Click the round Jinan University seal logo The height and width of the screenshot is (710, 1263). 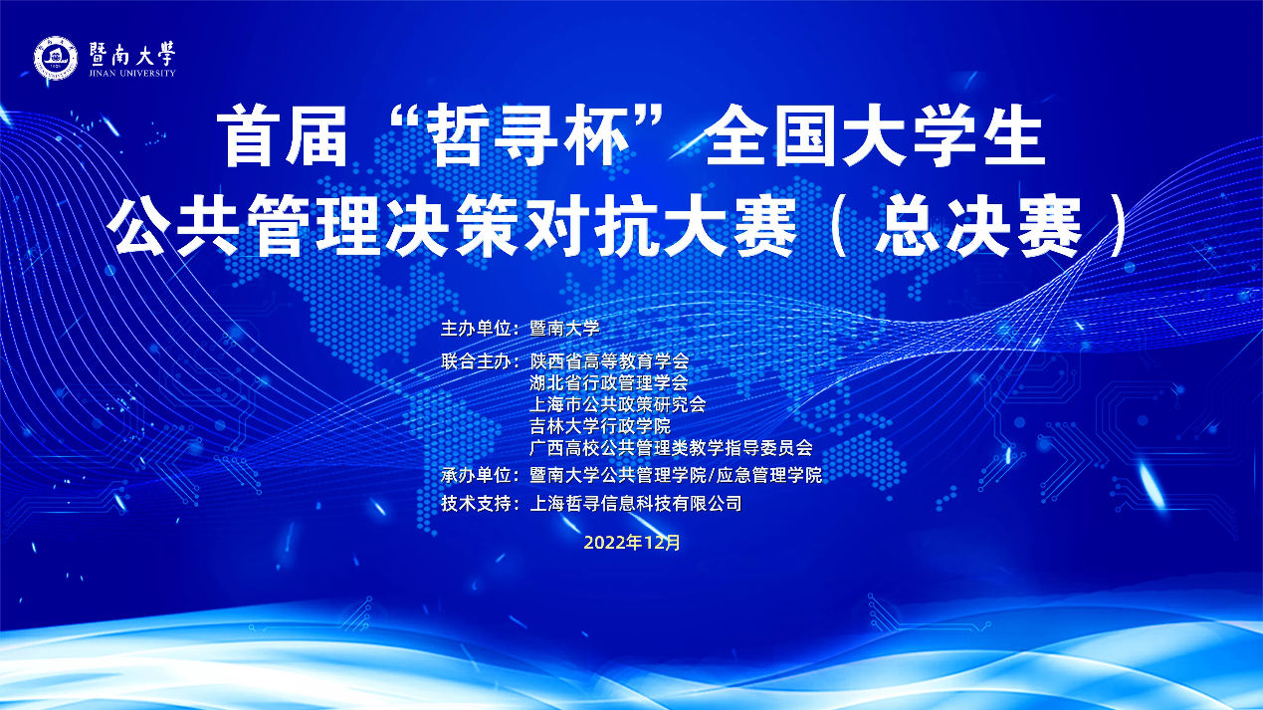click(56, 58)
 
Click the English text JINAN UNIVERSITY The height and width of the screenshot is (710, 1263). click(132, 73)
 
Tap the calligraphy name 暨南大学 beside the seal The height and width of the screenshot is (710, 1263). click(132, 54)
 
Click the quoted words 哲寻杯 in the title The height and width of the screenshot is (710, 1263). click(527, 137)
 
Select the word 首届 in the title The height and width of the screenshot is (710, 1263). click(282, 137)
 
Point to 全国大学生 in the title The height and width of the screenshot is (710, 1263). click(875, 137)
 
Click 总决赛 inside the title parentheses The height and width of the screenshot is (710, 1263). click(978, 226)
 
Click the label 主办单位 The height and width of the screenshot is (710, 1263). click(476, 329)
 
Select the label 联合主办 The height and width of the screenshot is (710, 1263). click(476, 360)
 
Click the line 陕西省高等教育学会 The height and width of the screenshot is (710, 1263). click(609, 360)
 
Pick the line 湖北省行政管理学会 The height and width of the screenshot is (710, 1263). click(609, 383)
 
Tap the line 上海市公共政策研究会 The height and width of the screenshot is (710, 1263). click(617, 404)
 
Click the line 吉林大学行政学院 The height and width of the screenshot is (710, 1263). click(600, 426)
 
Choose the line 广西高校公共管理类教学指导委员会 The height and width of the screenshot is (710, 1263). click(671, 448)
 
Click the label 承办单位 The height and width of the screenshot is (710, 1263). click(476, 475)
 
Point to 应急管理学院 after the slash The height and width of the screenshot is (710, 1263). click(769, 475)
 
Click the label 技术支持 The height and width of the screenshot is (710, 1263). click(476, 503)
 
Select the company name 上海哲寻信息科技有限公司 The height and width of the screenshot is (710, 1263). click(635, 503)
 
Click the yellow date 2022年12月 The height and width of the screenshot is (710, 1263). click(632, 543)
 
